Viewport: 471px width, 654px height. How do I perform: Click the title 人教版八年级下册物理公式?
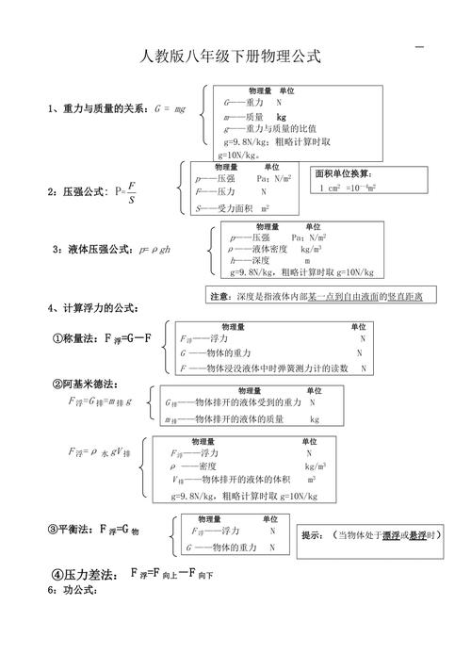click(231, 57)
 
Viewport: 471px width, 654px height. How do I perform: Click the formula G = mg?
click(170, 109)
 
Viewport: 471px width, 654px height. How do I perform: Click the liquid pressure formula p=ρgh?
click(156, 250)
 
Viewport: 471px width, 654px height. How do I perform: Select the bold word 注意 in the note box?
click(219, 296)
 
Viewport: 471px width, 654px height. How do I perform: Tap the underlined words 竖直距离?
click(405, 296)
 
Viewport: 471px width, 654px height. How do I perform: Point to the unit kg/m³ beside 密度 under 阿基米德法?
click(315, 466)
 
